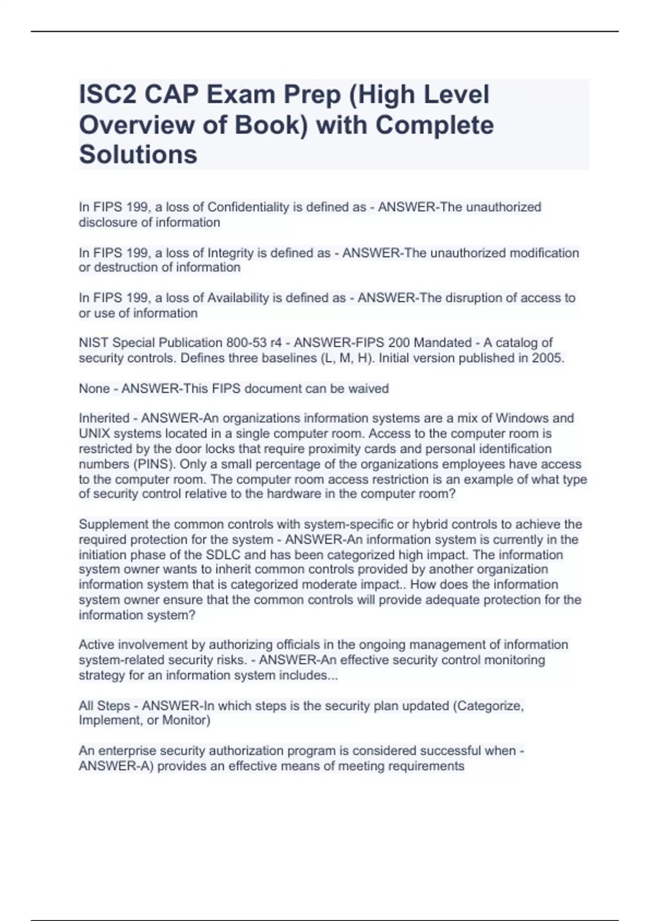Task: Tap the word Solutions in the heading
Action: coord(138,154)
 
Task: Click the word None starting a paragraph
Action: coord(94,388)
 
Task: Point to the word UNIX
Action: coord(95,433)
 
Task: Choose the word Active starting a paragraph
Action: coord(96,645)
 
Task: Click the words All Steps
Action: coord(104,706)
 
